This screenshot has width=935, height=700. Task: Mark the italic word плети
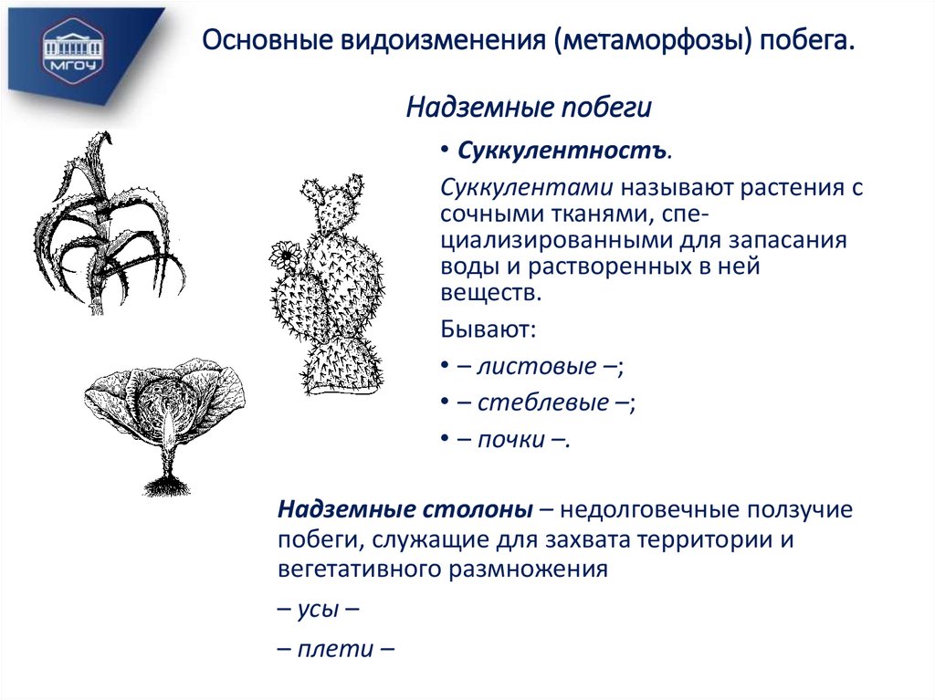tap(335, 649)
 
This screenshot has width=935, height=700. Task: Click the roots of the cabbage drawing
tap(164, 483)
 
